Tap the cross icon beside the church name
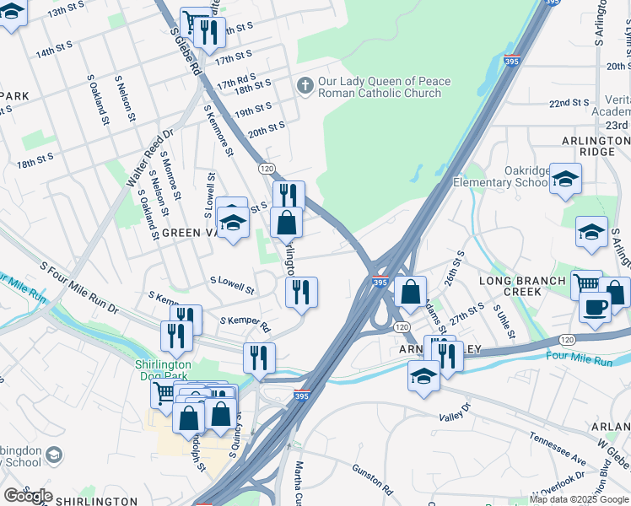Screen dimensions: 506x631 [x=305, y=85]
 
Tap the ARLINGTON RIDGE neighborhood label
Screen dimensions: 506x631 [x=596, y=144]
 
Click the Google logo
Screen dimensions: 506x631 [x=28, y=496]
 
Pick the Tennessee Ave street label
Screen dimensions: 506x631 [x=557, y=449]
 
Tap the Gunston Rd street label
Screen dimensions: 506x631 [x=373, y=478]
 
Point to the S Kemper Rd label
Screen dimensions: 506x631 [x=245, y=324]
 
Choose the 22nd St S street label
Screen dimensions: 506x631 [x=569, y=103]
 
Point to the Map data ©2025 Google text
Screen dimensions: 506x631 [x=579, y=498]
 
